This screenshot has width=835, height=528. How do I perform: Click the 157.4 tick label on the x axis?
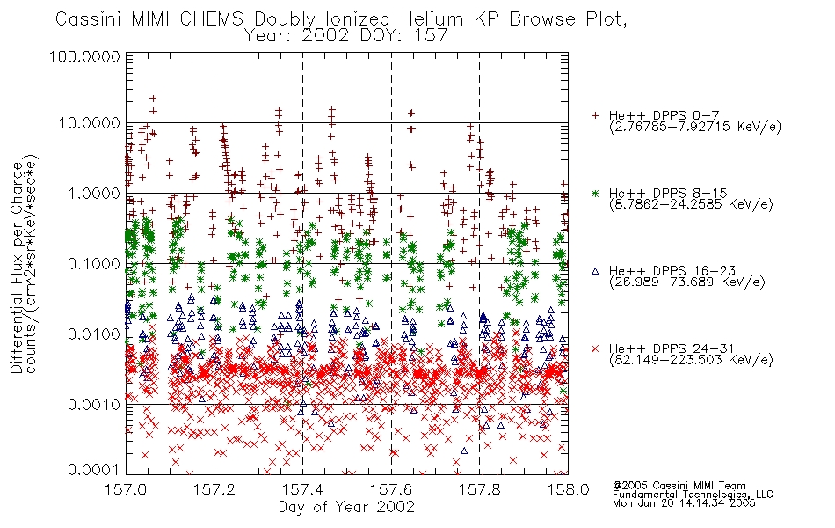click(302, 489)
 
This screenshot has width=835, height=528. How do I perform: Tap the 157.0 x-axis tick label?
click(127, 489)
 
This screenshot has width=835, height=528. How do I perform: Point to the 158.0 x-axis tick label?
click(568, 489)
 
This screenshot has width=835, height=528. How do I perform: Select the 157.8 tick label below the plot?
click(480, 489)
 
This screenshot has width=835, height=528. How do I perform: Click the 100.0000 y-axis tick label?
click(84, 56)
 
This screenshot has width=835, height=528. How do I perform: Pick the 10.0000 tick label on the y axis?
click(89, 123)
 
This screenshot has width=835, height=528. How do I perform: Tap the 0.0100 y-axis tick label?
click(94, 334)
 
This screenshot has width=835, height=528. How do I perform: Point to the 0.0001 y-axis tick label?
click(94, 470)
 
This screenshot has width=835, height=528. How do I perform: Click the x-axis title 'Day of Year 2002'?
click(346, 507)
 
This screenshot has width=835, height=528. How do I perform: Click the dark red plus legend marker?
click(595, 115)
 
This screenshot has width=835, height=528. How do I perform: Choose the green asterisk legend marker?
click(595, 193)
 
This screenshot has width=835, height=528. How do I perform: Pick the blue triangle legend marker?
click(595, 271)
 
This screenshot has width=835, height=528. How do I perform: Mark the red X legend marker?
click(595, 348)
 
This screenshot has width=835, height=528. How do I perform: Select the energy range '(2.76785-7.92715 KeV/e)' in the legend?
click(695, 127)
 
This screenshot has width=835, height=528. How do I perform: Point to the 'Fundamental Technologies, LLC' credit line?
click(693, 495)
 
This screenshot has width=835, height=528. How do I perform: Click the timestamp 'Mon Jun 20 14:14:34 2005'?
click(684, 503)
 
